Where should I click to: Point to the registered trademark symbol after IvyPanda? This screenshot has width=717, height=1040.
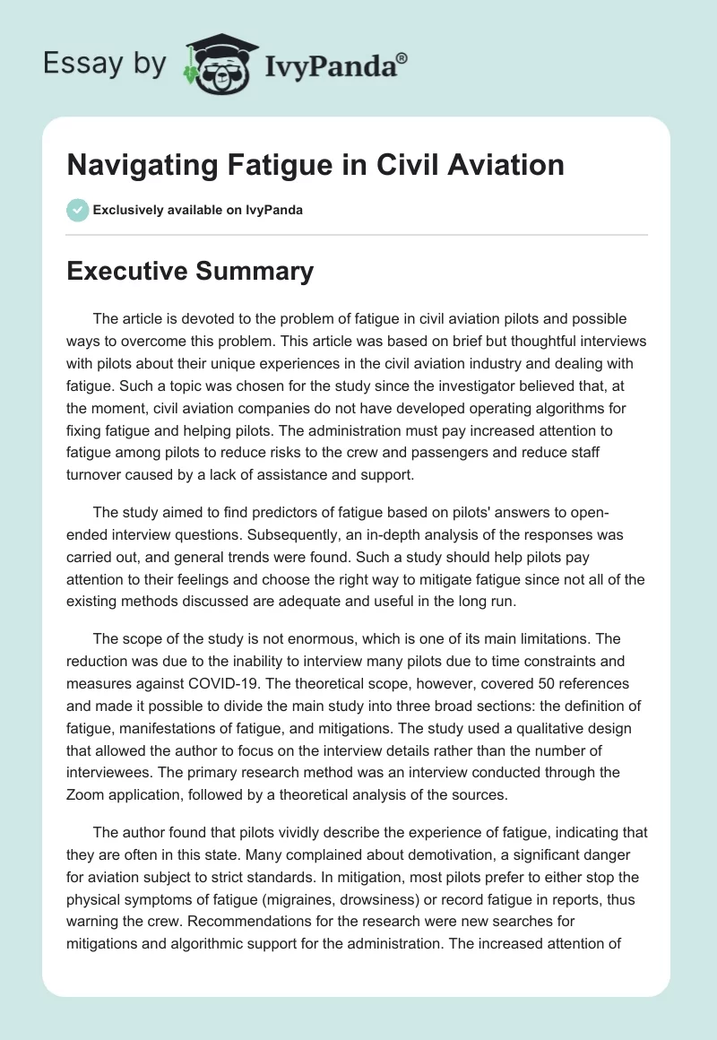402,57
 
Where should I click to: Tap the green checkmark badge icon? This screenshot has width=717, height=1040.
77,210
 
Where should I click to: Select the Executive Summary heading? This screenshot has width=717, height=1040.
190,272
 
